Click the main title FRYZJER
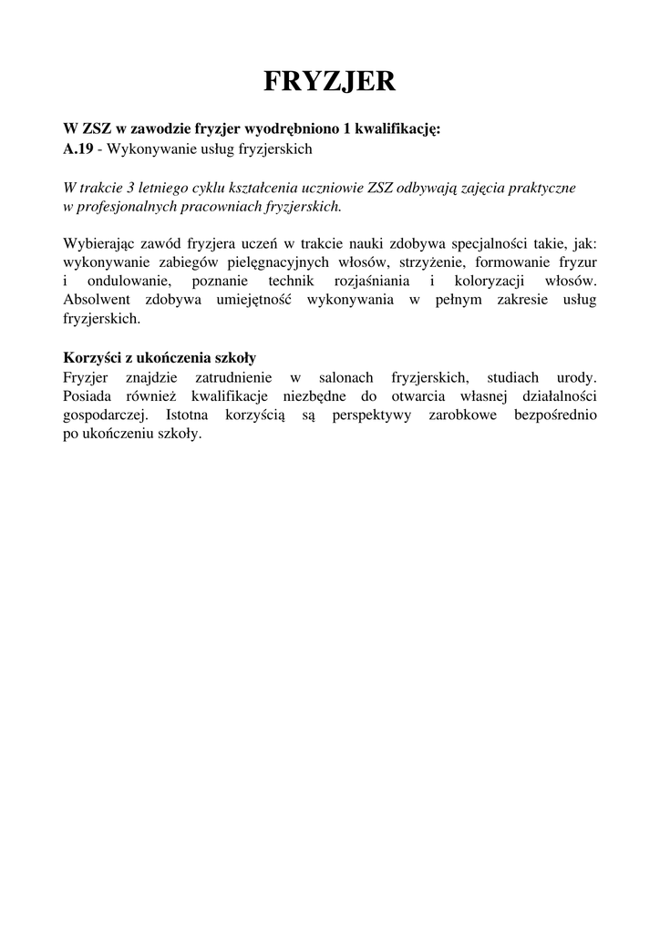(330, 82)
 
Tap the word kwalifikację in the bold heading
(400, 128)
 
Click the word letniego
(170, 188)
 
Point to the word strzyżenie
(431, 262)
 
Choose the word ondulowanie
(129, 282)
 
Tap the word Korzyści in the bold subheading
(93, 358)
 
